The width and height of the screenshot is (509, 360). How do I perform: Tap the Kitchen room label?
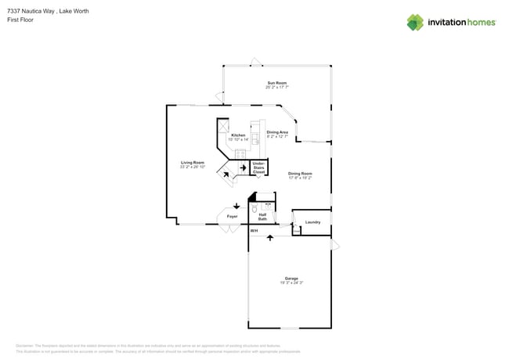click(238, 135)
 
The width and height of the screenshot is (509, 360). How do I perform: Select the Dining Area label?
click(277, 132)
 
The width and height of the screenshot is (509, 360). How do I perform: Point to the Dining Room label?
click(299, 174)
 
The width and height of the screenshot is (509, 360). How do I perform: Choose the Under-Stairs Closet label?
click(258, 167)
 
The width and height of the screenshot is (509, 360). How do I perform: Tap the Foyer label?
click(232, 216)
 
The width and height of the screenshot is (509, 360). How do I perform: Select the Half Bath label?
click(262, 217)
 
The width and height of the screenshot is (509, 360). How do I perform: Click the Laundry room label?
click(312, 222)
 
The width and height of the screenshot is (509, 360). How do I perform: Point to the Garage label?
click(291, 279)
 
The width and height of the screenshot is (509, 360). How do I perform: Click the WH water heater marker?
click(254, 231)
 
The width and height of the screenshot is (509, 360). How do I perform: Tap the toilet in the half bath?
click(255, 209)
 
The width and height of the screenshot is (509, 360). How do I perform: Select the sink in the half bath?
click(268, 204)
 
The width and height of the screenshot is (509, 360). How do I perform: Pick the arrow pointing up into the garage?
click(270, 237)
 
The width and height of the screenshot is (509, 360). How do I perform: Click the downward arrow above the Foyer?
click(236, 206)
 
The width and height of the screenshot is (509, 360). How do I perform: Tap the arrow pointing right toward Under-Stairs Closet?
click(243, 167)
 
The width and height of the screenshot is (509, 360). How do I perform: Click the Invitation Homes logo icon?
click(414, 22)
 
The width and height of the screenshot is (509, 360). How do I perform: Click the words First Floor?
click(20, 20)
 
